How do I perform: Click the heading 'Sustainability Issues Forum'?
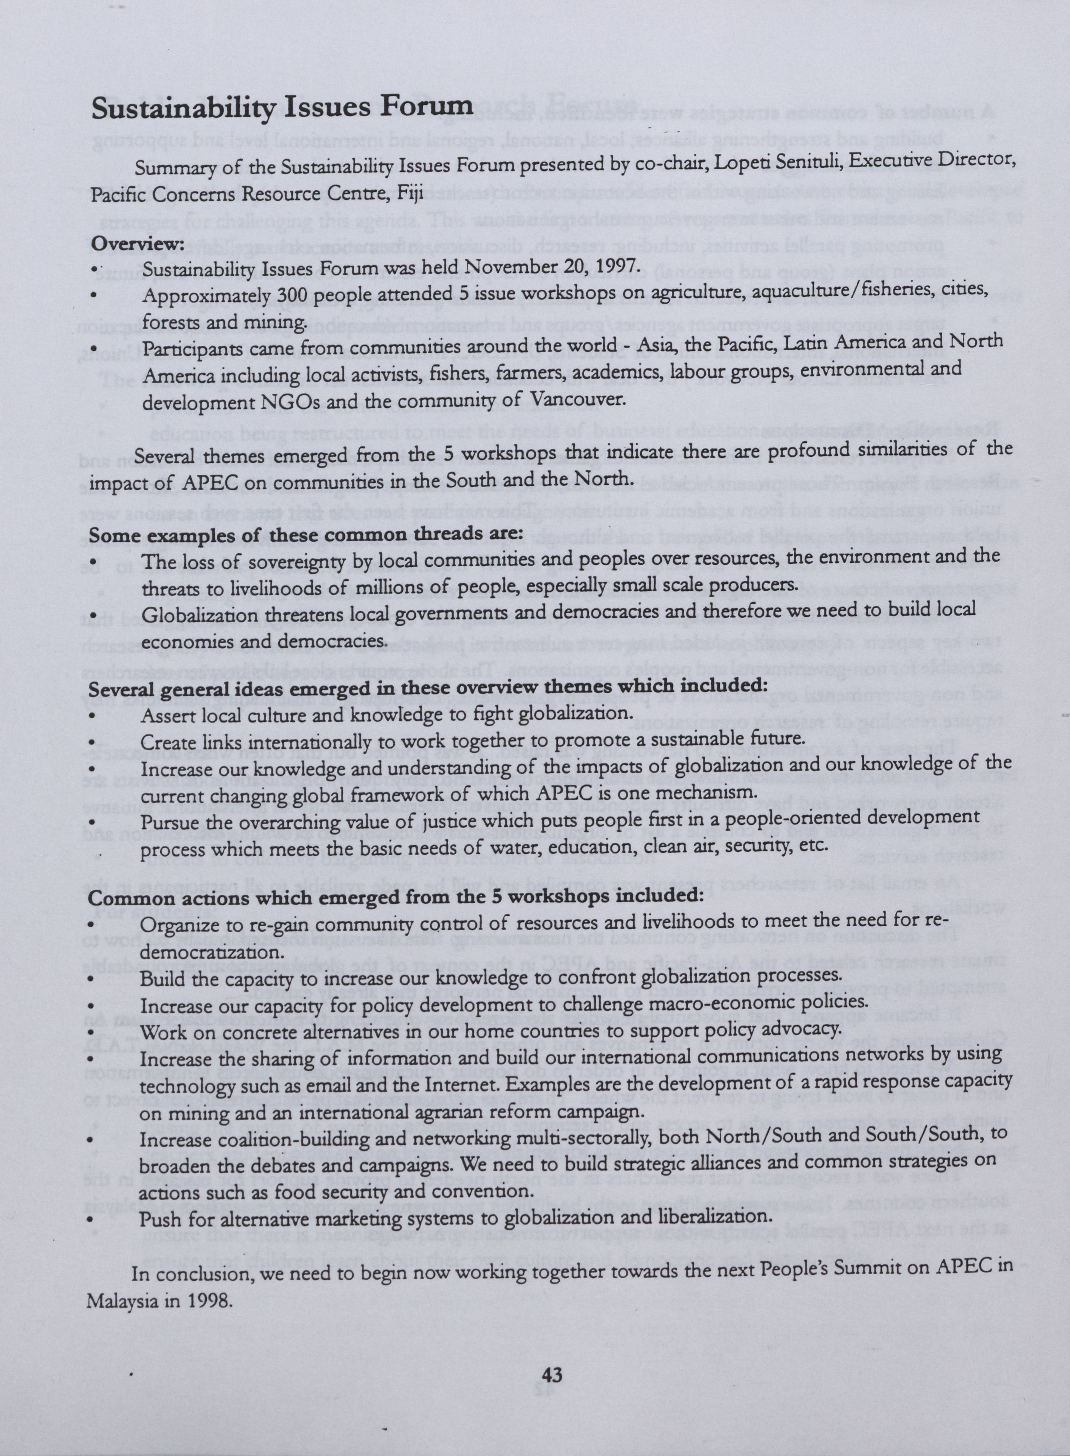click(x=282, y=108)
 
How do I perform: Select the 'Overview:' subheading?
click(x=137, y=244)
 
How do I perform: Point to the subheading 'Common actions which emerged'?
click(x=395, y=897)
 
